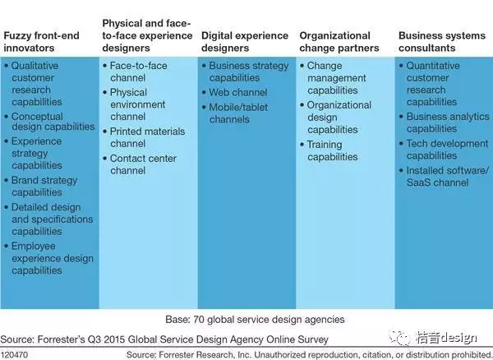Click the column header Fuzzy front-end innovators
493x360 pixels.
tap(41, 42)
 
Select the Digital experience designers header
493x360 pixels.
tap(245, 42)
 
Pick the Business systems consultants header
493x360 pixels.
tap(434, 42)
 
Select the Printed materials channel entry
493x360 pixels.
tap(147, 137)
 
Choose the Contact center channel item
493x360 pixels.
tap(147, 164)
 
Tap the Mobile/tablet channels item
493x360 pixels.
tap(242, 113)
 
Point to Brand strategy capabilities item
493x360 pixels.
tap(44, 187)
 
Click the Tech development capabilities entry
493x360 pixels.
tap(446, 150)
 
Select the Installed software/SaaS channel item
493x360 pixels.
tap(446, 177)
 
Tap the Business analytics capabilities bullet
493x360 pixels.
tap(446, 122)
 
